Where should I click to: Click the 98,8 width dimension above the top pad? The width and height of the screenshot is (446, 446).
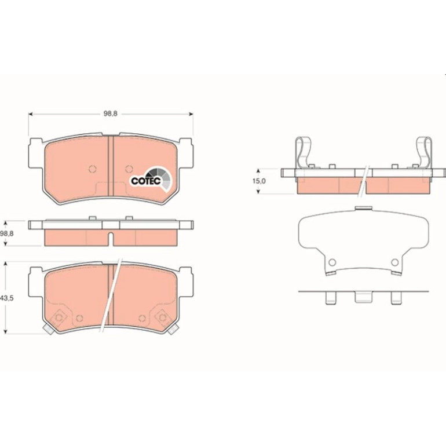tap(111, 114)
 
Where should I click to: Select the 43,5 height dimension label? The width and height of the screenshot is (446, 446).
tap(7, 298)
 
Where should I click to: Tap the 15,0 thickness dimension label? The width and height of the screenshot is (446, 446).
tap(259, 181)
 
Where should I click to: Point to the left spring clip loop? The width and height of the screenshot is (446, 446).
tap(302, 153)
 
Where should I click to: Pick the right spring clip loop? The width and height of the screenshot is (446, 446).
tap(424, 153)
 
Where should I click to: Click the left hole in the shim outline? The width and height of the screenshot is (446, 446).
tap(332, 262)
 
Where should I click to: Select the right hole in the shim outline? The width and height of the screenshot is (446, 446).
tap(395, 262)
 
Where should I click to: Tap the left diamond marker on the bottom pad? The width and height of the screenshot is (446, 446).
tap(59, 317)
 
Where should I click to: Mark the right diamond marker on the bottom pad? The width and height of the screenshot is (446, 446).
tap(162, 317)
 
